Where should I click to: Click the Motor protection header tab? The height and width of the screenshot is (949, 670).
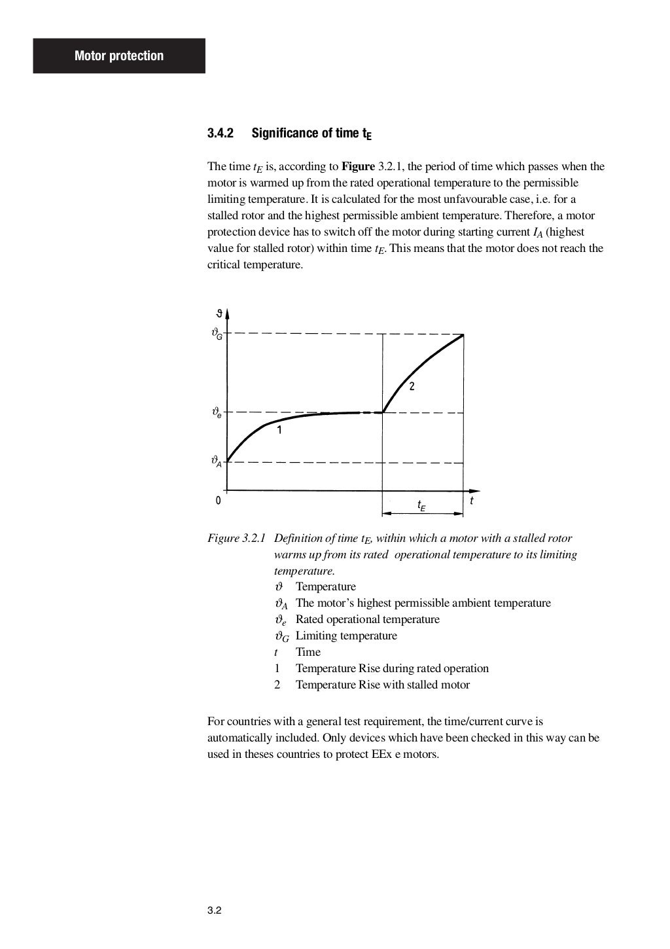119,56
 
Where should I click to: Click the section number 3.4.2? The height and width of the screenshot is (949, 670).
220,134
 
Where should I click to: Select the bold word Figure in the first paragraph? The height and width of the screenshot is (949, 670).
358,166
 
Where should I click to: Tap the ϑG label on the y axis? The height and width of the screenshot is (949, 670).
217,333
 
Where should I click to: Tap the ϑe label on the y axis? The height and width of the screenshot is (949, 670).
216,413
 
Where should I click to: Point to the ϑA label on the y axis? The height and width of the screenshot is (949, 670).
216,462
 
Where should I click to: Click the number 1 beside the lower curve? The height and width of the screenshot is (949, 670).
279,430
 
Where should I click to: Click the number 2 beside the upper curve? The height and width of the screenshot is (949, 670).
412,386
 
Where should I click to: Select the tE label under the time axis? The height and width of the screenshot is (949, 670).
422,505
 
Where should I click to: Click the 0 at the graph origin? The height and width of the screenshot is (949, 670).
218,501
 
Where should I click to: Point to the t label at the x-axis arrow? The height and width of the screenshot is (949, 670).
472,501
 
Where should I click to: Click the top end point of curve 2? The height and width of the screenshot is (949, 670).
463,335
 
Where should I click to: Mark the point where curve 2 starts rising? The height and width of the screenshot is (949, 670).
383,412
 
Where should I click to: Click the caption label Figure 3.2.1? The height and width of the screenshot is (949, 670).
236,538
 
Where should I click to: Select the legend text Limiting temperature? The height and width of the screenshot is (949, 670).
346,636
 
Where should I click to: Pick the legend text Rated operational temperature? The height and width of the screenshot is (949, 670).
367,619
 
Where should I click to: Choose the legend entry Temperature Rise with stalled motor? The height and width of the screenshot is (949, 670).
382,685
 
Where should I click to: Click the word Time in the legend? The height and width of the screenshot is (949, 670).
308,652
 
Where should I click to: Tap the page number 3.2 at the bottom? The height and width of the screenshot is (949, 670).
215,910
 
